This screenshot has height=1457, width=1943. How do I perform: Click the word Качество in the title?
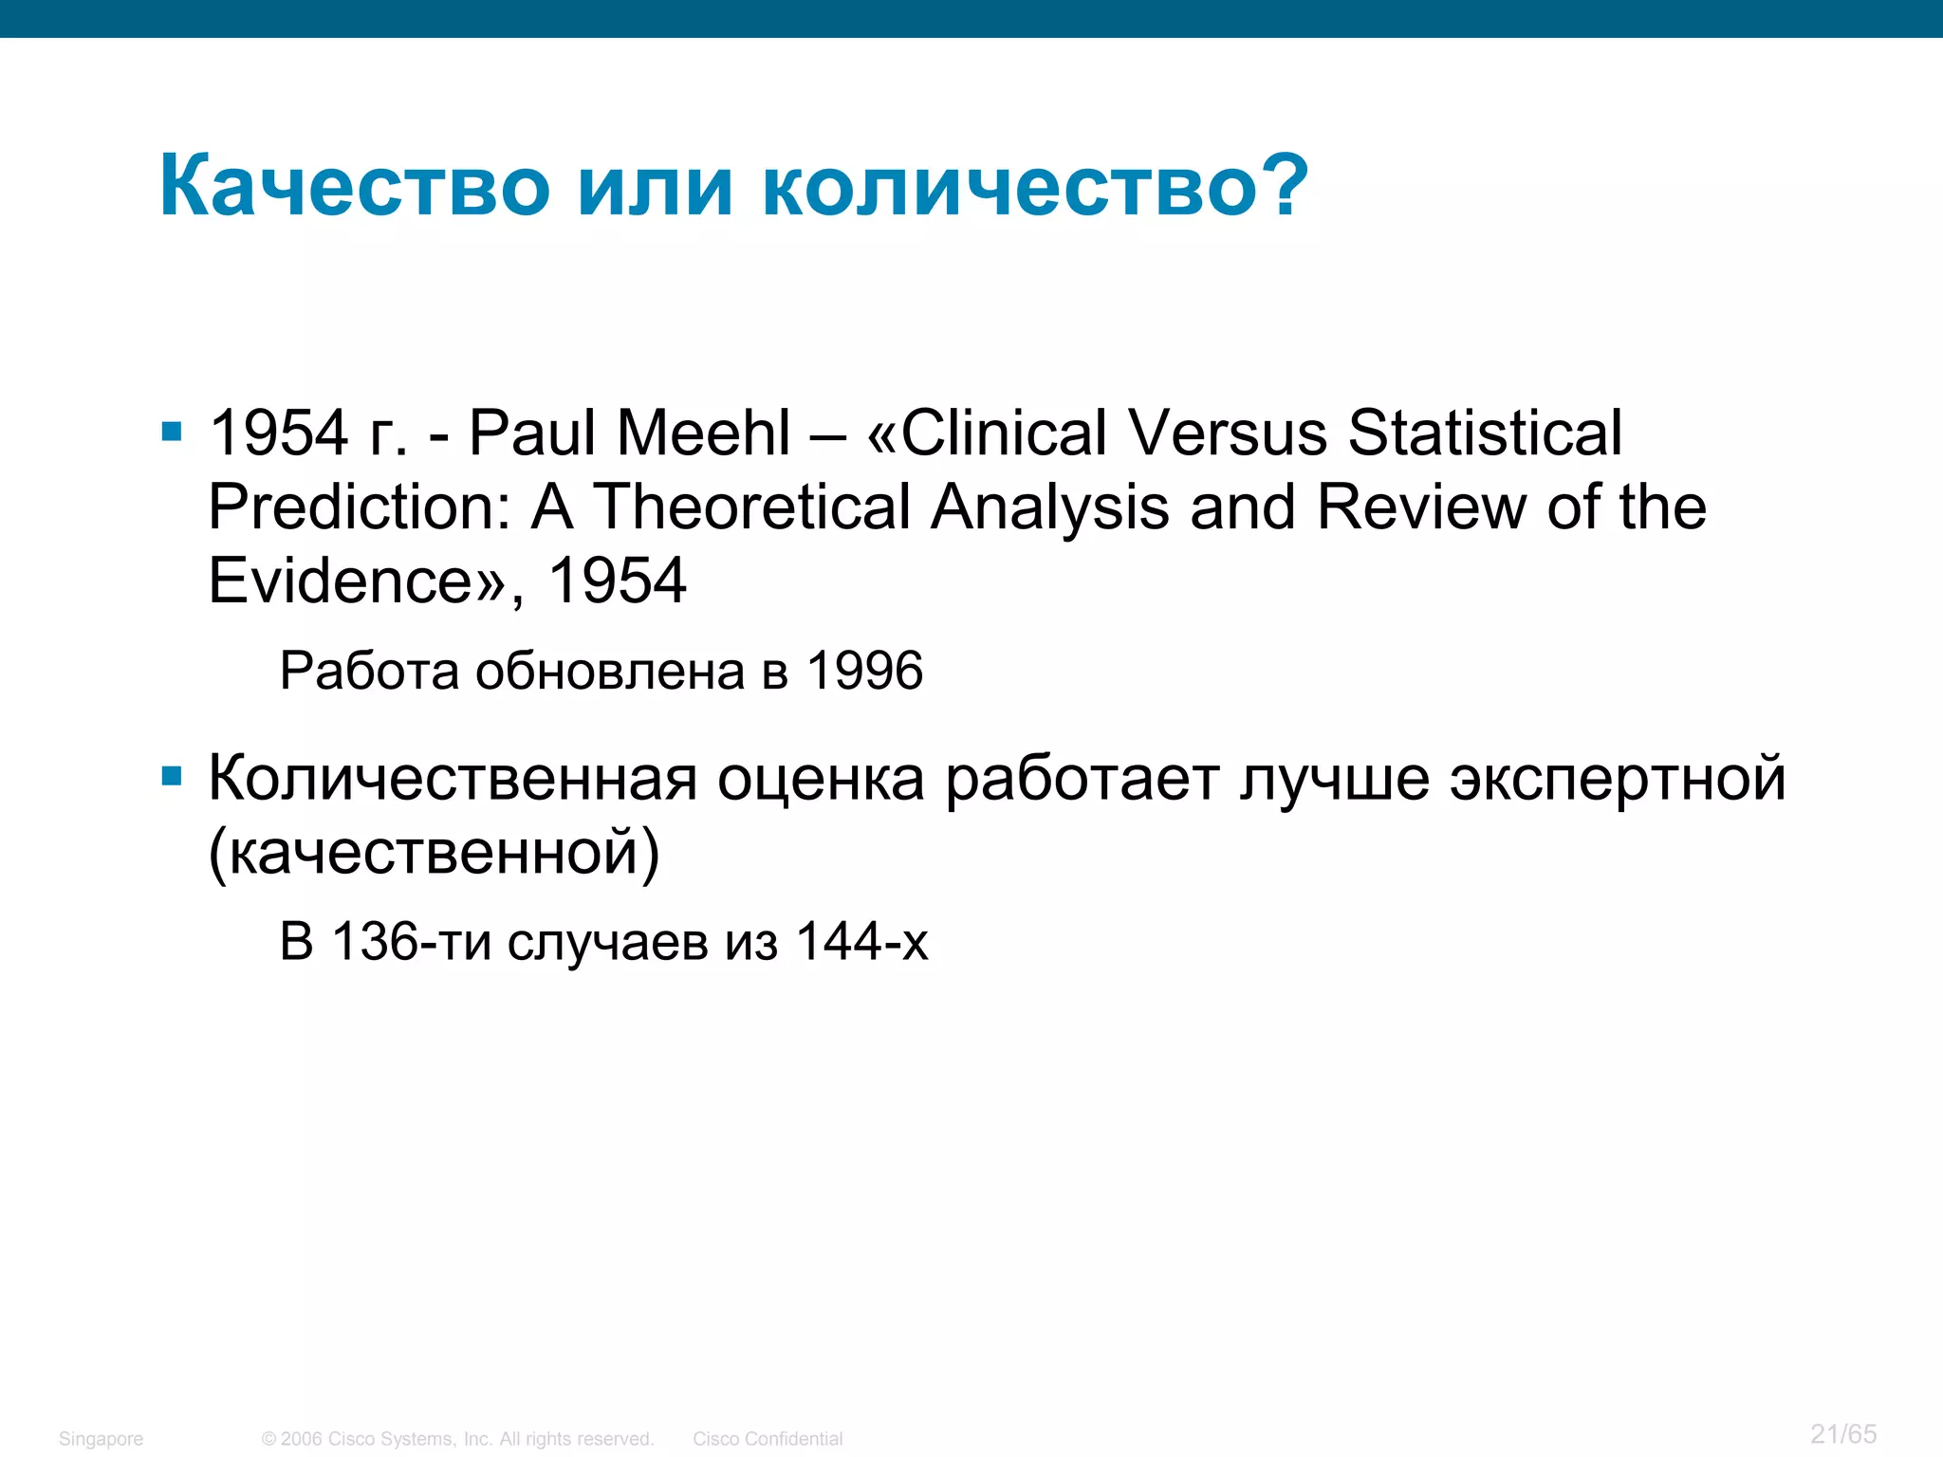click(354, 186)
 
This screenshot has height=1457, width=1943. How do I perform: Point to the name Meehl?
click(703, 433)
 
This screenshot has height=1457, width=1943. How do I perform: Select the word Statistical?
click(1485, 433)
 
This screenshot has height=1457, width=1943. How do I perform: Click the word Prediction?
click(360, 507)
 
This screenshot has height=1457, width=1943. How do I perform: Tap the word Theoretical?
click(751, 507)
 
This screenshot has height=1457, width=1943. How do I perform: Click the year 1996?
click(863, 671)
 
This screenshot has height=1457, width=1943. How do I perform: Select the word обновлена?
click(609, 671)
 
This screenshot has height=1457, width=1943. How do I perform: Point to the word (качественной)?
click(434, 852)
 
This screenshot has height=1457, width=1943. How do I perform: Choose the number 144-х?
click(861, 942)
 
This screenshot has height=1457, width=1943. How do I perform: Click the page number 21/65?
click(1842, 1433)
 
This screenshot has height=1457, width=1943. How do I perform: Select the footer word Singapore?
click(101, 1439)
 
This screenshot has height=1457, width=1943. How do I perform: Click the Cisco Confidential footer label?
click(767, 1439)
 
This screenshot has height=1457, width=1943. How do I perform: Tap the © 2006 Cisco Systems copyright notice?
click(457, 1439)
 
